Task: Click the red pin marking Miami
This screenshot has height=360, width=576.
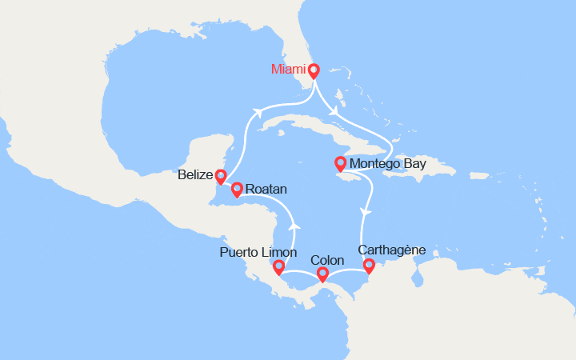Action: tap(314, 70)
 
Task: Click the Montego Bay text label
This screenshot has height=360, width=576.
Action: tap(388, 166)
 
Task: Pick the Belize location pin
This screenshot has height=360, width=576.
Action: tap(220, 177)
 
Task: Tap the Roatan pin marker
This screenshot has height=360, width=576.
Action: tap(237, 190)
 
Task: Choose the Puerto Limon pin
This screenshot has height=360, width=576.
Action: tap(278, 267)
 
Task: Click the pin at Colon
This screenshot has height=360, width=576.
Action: tap(322, 275)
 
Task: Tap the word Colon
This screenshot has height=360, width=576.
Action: tap(326, 261)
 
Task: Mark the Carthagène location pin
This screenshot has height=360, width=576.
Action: tap(369, 266)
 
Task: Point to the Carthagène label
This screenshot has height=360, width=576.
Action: tap(393, 250)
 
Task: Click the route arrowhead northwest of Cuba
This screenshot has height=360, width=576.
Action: tap(258, 113)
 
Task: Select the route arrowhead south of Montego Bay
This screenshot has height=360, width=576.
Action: tap(366, 211)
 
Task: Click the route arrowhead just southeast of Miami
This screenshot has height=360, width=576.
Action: tap(333, 111)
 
